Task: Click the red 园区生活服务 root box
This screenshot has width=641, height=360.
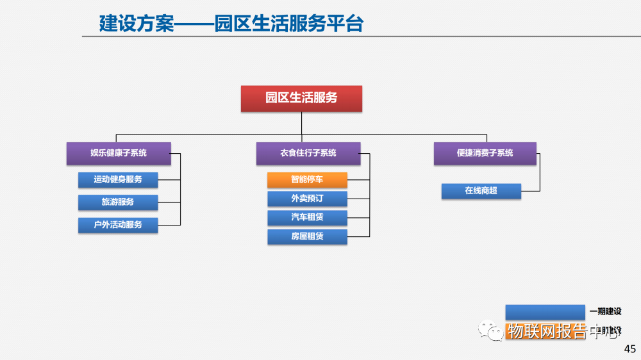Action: point(301,99)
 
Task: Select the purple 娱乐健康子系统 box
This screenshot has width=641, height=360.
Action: point(119,153)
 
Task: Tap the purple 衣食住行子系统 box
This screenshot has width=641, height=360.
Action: point(308,153)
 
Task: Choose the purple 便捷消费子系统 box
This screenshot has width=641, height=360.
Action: point(485,153)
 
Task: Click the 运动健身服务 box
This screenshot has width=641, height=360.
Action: point(118,179)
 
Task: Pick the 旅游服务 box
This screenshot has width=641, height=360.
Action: point(118,202)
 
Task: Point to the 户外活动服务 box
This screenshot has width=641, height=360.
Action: point(118,225)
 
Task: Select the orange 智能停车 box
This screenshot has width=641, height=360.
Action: point(307,180)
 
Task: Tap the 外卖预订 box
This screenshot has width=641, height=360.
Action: point(307,199)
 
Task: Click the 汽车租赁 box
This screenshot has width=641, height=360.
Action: point(307,217)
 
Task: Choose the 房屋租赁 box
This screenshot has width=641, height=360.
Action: point(307,236)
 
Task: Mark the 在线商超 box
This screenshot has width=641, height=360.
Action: point(481,191)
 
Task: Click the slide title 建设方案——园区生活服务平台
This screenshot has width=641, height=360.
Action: point(231,24)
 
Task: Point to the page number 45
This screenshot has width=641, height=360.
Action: point(630,349)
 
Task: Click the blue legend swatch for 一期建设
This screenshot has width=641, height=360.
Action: point(545,312)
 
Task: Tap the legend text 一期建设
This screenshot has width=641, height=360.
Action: point(605,312)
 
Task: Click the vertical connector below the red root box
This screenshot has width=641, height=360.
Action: point(301,124)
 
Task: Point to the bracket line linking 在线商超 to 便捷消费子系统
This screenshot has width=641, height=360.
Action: point(540,173)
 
